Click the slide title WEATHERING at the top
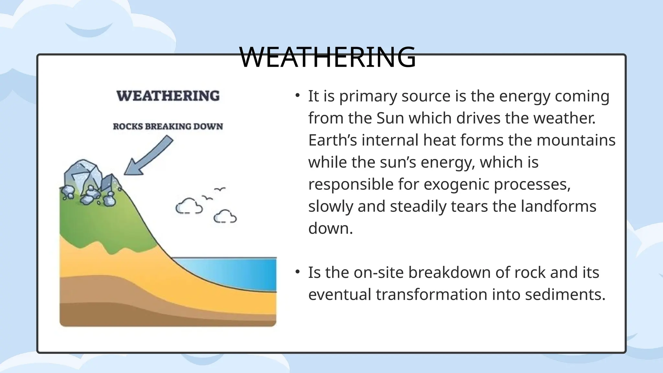(327, 57)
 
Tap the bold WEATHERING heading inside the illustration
(168, 96)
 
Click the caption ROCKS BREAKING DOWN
(168, 127)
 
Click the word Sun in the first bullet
(390, 118)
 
